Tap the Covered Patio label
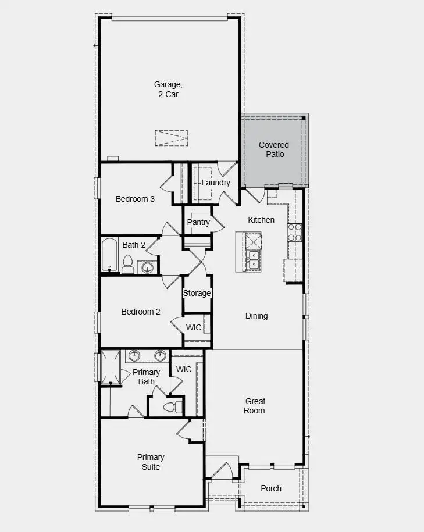tap(274, 149)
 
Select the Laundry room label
tap(216, 183)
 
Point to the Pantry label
tap(198, 223)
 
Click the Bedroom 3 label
tap(135, 199)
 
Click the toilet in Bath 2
tap(128, 265)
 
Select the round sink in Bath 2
tap(148, 267)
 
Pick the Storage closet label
tap(197, 293)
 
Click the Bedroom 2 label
tap(141, 312)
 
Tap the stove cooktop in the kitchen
tap(295, 233)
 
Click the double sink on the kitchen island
tap(254, 259)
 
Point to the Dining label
tap(256, 316)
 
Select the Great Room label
tap(255, 406)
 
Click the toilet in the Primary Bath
tap(173, 406)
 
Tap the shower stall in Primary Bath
tap(112, 367)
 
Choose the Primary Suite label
tap(151, 462)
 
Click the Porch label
tap(271, 488)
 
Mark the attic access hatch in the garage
tap(172, 138)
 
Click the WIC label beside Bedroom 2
tap(194, 328)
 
